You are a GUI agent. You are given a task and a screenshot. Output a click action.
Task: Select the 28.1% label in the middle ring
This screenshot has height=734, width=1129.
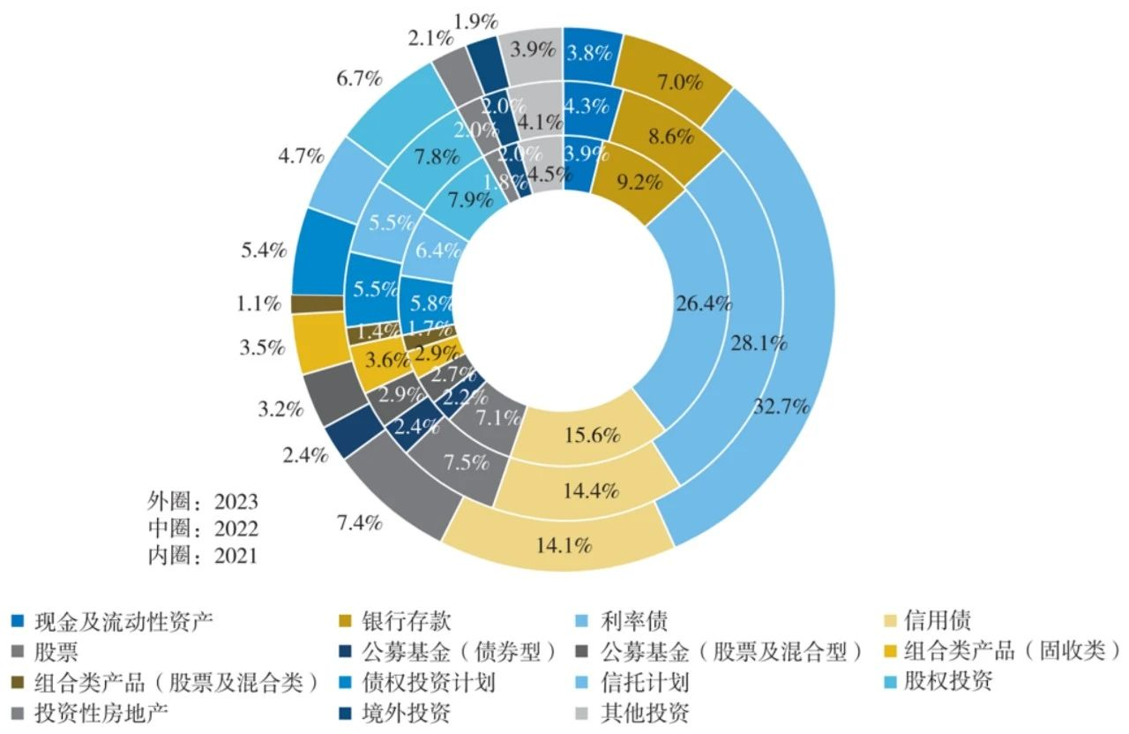point(759,344)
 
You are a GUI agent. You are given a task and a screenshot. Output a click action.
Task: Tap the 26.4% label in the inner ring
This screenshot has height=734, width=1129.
point(702,304)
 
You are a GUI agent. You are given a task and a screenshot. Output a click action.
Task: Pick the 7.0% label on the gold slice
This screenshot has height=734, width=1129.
point(679,84)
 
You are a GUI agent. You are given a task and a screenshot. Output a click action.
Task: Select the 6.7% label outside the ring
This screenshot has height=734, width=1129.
point(359,79)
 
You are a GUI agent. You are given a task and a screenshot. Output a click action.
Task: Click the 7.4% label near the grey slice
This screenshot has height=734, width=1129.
point(359,523)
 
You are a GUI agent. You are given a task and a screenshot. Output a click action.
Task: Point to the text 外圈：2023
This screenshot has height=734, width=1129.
point(202,501)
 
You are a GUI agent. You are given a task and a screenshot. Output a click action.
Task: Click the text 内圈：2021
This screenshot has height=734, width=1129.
point(202,556)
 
